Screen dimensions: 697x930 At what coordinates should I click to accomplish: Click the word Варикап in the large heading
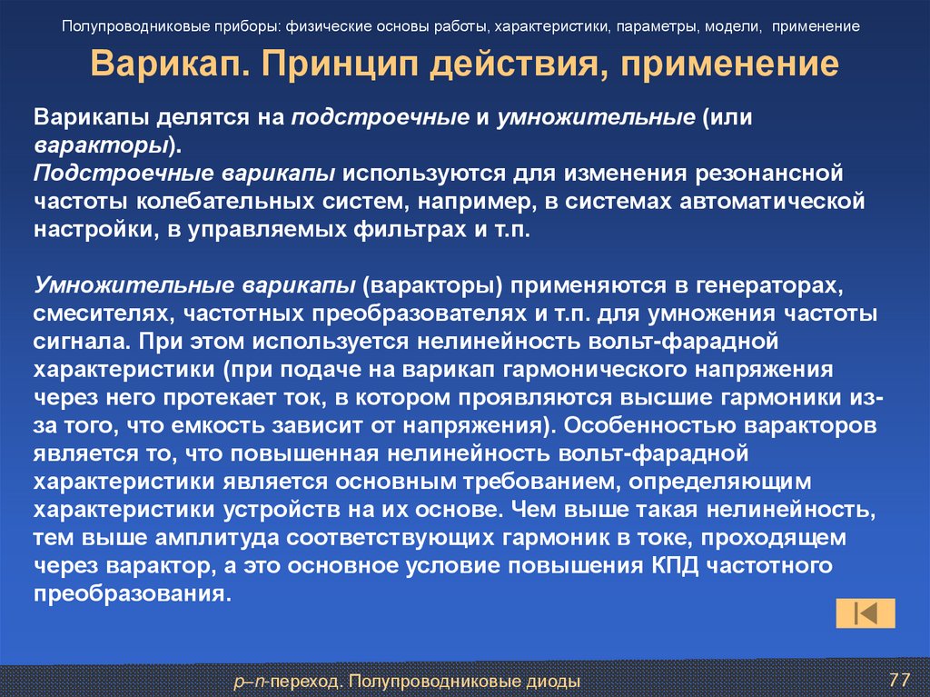click(x=172, y=66)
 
